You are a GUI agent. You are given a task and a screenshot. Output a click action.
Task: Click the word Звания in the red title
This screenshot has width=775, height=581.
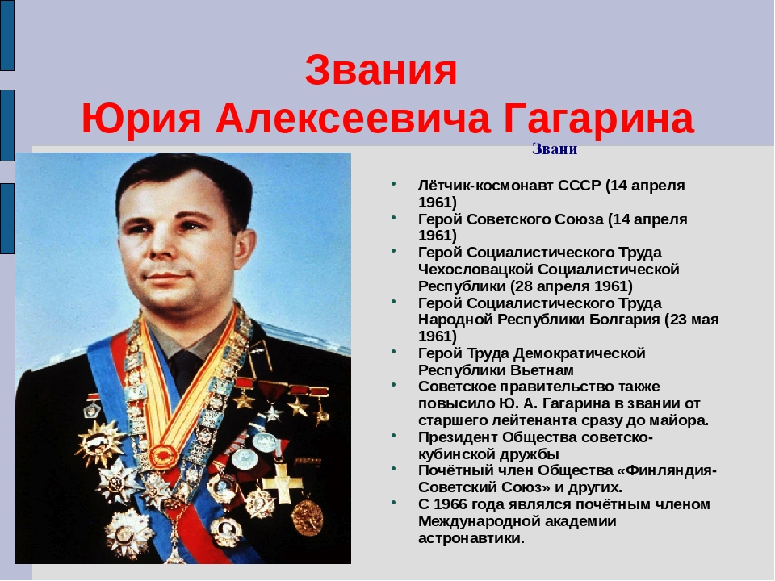[381, 72]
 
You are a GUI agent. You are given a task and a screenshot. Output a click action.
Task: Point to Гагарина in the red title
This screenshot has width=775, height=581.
[598, 120]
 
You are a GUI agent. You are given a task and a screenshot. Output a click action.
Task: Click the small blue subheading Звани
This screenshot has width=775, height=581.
[555, 149]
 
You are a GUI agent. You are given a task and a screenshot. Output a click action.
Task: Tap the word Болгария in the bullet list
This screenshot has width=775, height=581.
[621, 320]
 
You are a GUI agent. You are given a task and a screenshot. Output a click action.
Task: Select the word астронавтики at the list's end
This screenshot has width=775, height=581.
[471, 538]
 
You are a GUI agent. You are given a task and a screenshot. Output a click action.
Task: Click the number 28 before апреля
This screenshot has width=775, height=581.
[521, 286]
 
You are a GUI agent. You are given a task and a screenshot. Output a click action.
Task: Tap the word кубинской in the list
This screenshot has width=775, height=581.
[455, 454]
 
